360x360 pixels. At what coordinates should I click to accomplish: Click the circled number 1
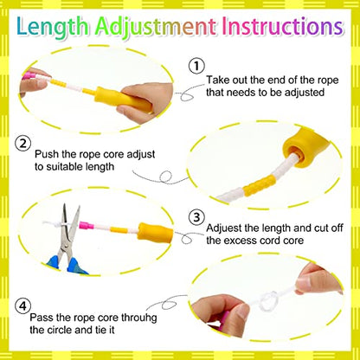click(x=196, y=67)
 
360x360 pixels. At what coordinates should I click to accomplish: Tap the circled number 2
click(x=22, y=144)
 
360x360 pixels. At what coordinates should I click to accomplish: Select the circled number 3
click(x=196, y=217)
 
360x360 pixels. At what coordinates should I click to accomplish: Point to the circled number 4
click(x=22, y=306)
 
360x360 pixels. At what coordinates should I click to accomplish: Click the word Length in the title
click(x=53, y=28)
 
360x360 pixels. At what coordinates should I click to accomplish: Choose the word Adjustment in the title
click(x=156, y=28)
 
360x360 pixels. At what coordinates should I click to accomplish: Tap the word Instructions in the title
click(x=283, y=27)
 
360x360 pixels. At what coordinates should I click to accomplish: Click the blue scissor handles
click(x=68, y=265)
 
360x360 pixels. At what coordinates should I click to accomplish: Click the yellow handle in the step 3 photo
click(x=155, y=233)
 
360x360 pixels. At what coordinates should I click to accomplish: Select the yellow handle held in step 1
click(x=123, y=100)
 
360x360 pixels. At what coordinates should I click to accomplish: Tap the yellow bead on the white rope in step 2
click(x=259, y=186)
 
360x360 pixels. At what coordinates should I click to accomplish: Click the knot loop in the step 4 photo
click(x=269, y=301)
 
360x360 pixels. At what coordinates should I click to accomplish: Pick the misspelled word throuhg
click(x=139, y=318)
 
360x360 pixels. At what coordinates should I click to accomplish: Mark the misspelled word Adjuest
click(x=224, y=228)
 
